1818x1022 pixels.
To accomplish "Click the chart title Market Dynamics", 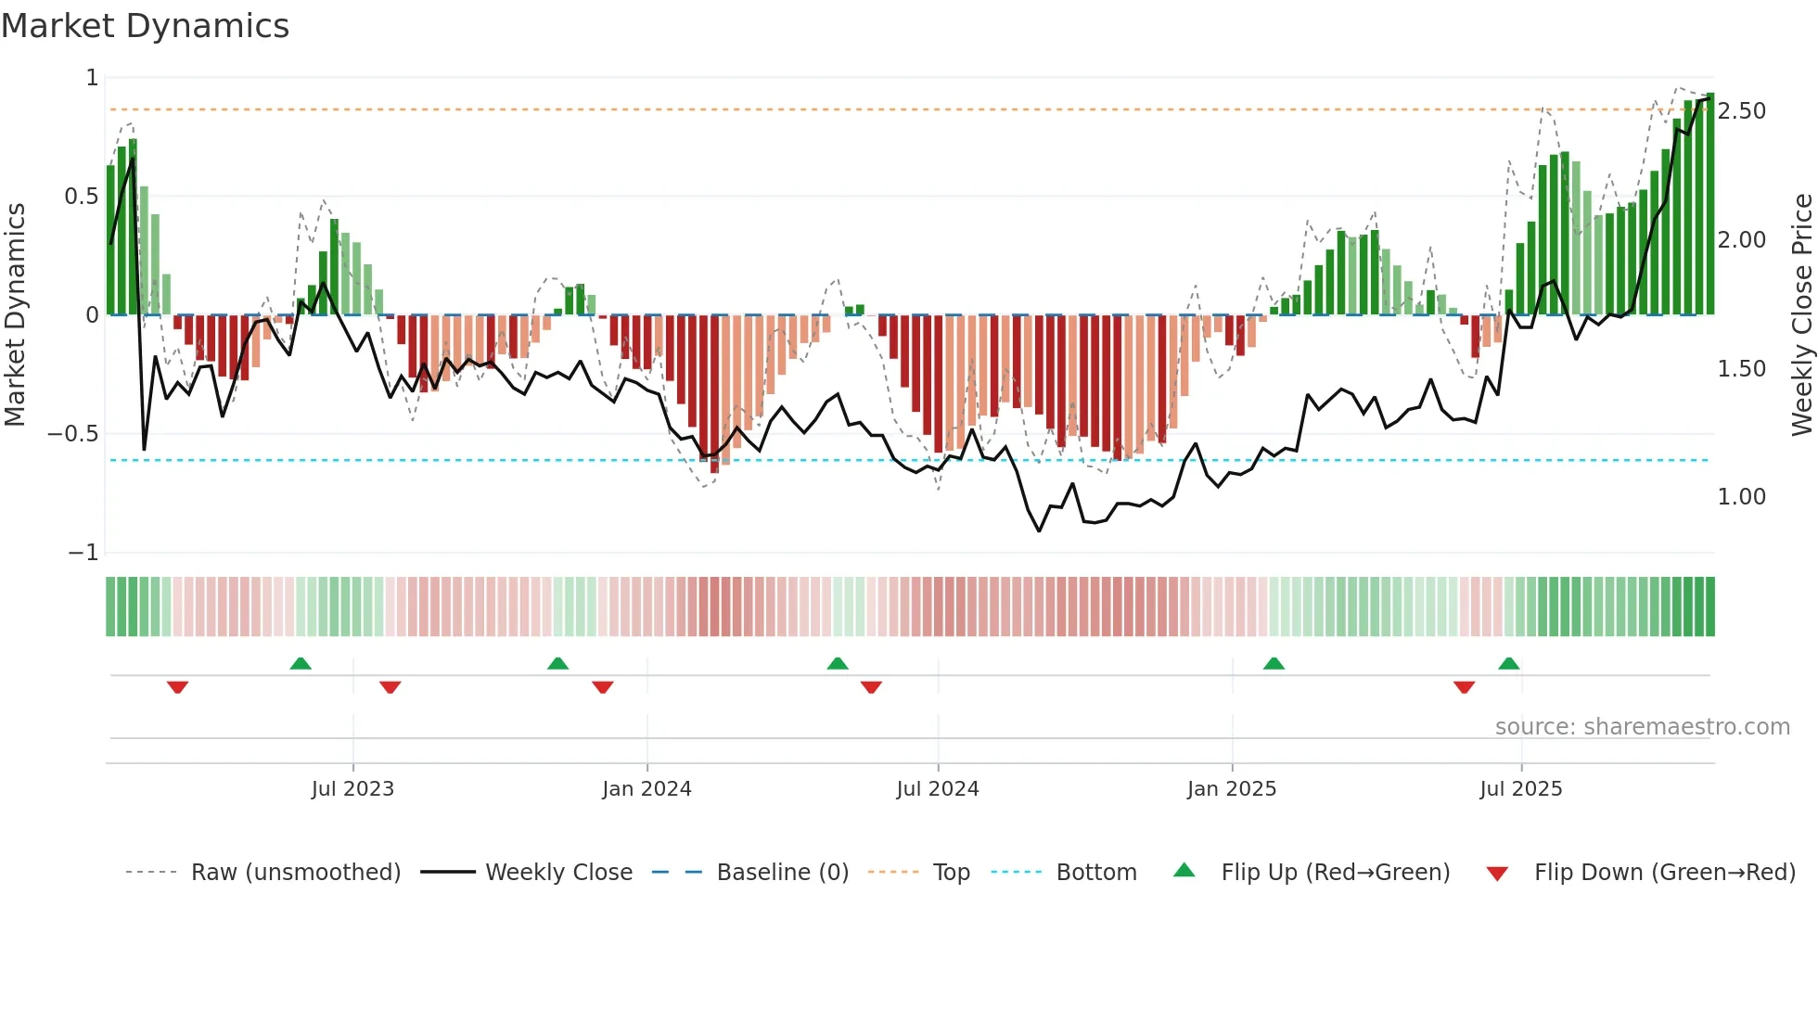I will (x=146, y=26).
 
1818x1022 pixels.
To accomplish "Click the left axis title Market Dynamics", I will (x=15, y=315).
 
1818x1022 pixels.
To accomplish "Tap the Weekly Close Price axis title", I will (x=1801, y=315).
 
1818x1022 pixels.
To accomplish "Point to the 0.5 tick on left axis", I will (x=81, y=197).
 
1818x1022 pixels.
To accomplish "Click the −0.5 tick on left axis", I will (x=73, y=434).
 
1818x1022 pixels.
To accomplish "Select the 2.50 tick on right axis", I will (x=1741, y=111).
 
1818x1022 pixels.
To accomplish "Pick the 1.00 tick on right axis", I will (x=1741, y=497).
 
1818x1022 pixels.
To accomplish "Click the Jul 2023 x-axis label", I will (x=352, y=789).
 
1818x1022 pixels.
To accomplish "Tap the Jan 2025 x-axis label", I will (x=1231, y=789).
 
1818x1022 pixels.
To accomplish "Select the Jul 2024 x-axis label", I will (x=937, y=789).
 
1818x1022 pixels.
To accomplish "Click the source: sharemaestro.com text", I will (x=1642, y=727).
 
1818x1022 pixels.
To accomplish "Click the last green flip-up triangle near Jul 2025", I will (x=1508, y=664).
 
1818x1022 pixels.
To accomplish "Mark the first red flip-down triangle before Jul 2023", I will (x=177, y=686).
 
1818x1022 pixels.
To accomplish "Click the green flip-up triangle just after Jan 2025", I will (x=1274, y=664).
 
